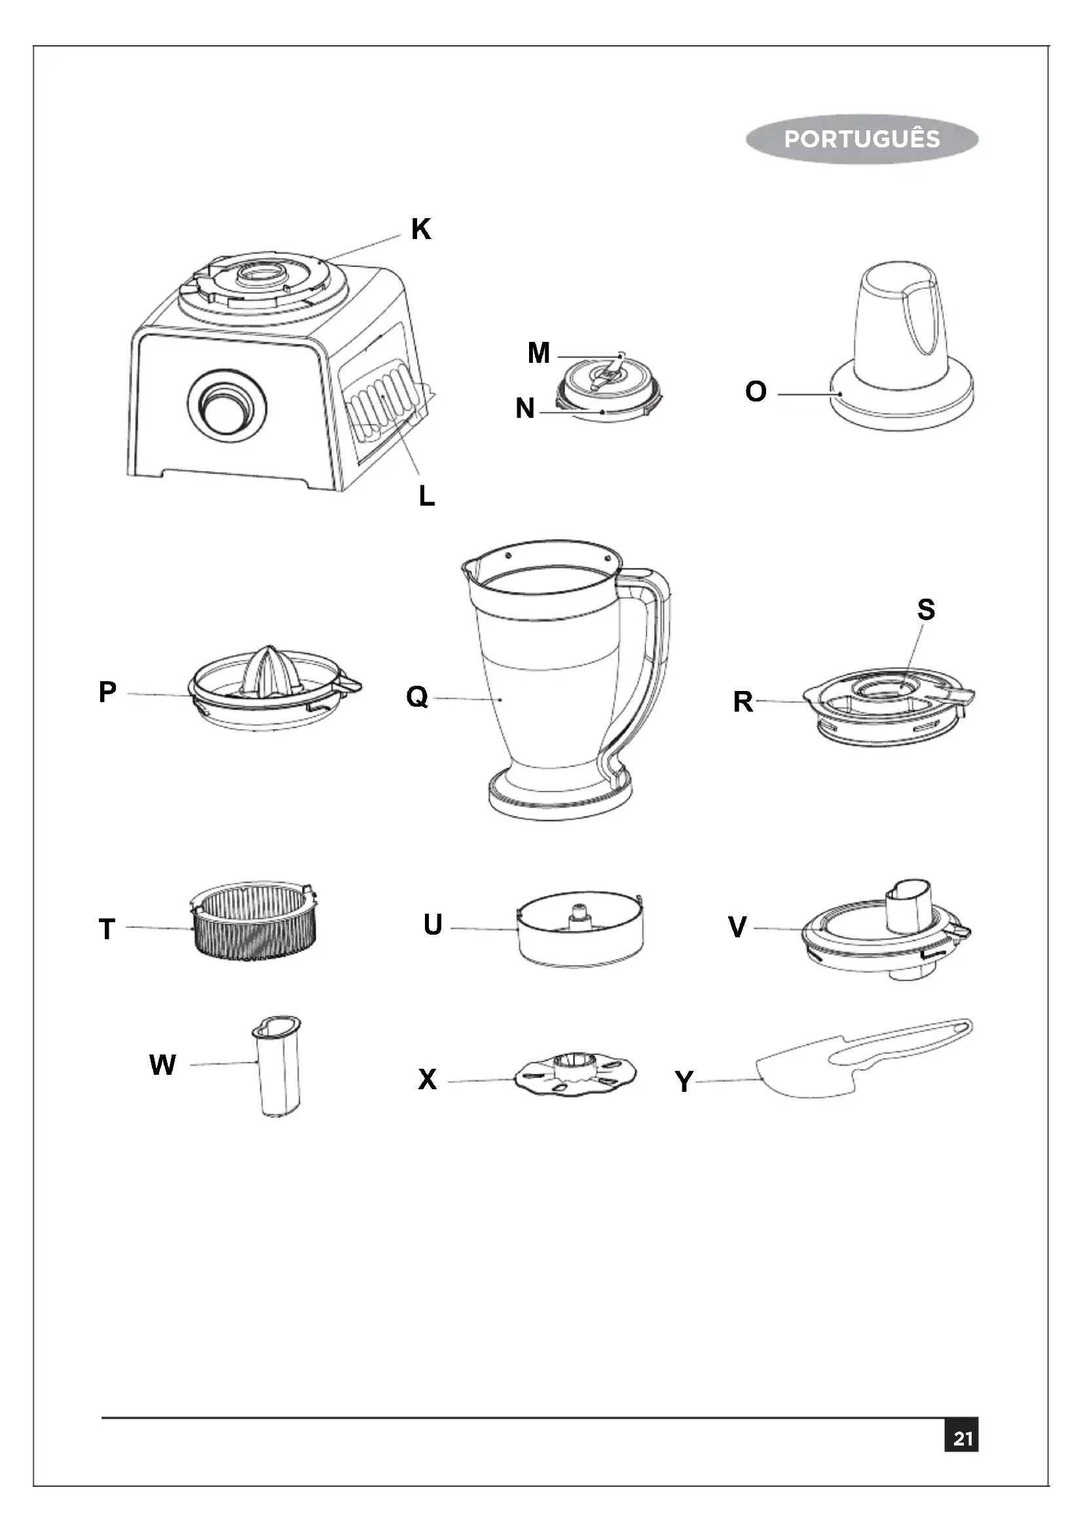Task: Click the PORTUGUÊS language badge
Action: [x=862, y=139]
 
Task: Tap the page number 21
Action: [x=962, y=1438]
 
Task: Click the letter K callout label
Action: [x=421, y=229]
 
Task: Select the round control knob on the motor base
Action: [x=227, y=405]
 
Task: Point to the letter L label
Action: [x=427, y=496]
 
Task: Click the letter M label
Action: [x=538, y=353]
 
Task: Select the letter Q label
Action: [x=417, y=697]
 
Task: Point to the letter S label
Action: [x=926, y=609]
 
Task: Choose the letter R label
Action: [x=743, y=702]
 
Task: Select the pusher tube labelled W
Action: [x=279, y=1068]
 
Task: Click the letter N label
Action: [x=525, y=408]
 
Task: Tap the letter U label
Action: [x=433, y=925]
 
